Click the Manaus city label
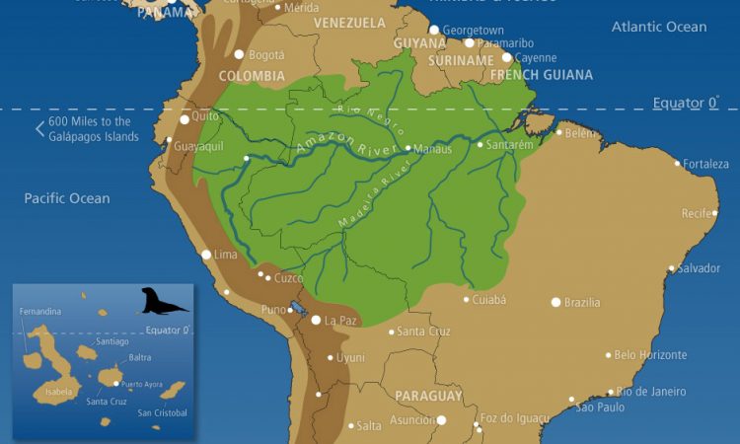(x=433, y=149)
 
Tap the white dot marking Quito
(x=185, y=119)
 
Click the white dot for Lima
(x=206, y=255)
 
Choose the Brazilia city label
(x=581, y=302)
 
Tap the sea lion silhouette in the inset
(x=163, y=301)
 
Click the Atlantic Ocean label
(x=658, y=27)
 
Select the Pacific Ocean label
(x=67, y=198)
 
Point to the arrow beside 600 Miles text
(x=39, y=128)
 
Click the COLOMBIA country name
(x=252, y=76)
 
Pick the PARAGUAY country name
(x=428, y=396)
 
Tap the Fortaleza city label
(x=705, y=164)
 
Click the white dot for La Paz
(x=316, y=320)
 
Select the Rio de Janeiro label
(x=650, y=391)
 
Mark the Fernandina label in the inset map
(x=39, y=312)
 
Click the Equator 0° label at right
(x=685, y=103)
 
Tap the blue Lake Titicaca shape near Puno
(x=297, y=309)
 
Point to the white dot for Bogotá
(x=239, y=54)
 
